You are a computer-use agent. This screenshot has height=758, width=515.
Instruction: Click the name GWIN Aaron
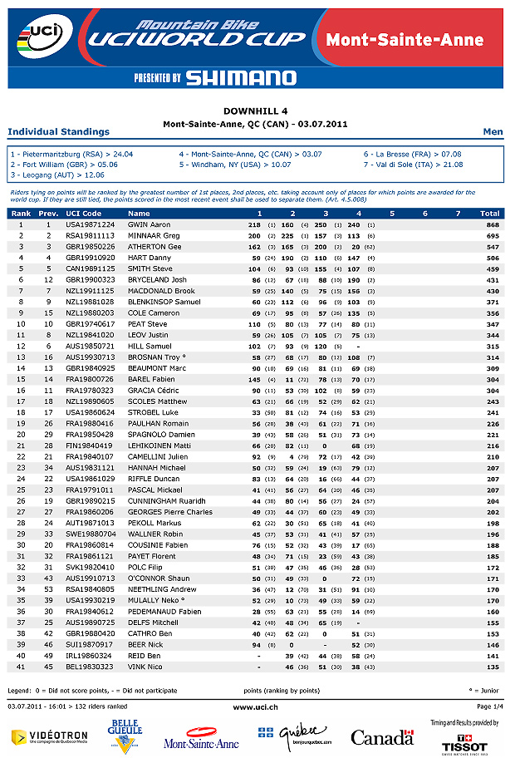[x=149, y=224]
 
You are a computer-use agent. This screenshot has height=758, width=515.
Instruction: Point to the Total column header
[x=490, y=214]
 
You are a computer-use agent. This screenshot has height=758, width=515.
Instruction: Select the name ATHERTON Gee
[x=154, y=247]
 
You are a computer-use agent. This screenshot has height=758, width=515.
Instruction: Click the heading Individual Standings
[x=58, y=131]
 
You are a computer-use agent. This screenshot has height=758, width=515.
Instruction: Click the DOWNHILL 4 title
[x=256, y=111]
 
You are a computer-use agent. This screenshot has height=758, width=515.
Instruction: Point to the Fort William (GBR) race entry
[x=59, y=165]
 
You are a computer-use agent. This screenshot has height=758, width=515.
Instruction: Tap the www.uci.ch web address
[x=256, y=706]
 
